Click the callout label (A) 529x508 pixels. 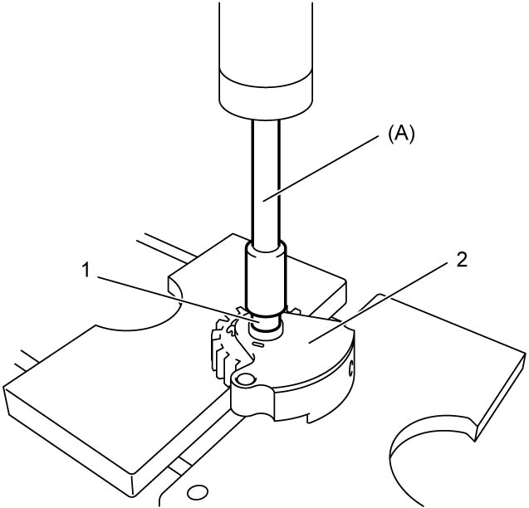(x=401, y=136)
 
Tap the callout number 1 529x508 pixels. (x=86, y=270)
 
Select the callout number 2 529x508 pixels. (x=462, y=260)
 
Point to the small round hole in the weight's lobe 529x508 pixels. (x=245, y=380)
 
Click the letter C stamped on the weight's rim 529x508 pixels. (x=351, y=369)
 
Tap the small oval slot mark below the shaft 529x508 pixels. (x=259, y=344)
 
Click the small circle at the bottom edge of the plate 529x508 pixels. (x=198, y=492)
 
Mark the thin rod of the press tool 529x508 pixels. (x=266, y=183)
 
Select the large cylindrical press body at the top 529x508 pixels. (x=266, y=60)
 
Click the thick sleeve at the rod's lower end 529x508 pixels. (x=266, y=279)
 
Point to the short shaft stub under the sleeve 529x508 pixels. (x=266, y=325)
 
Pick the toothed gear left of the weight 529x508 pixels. (x=227, y=348)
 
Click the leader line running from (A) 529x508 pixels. (x=321, y=168)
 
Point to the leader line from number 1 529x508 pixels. (x=175, y=299)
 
